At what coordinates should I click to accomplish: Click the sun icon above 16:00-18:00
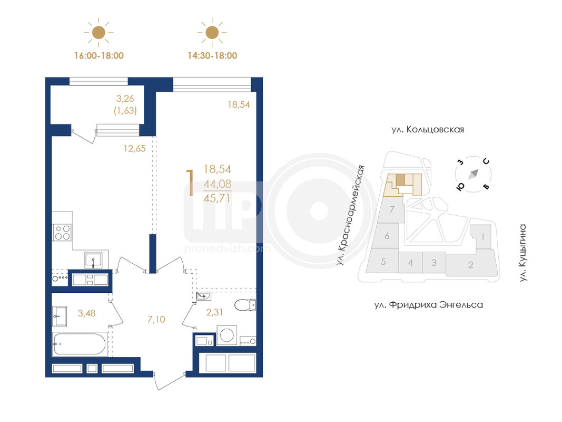point(98,32)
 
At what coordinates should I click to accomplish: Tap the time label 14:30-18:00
point(212,55)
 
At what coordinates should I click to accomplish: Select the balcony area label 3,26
point(125,98)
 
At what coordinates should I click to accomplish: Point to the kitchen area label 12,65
point(134,148)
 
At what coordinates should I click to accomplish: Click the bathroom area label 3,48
point(87,313)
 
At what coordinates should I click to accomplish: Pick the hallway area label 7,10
point(156,319)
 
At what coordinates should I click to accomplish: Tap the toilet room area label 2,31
point(214,312)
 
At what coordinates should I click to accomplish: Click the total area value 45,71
point(217,198)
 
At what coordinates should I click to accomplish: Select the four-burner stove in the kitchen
point(62,232)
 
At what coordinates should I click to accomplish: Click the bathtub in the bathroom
point(80,344)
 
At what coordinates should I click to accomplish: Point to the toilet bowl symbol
point(245,305)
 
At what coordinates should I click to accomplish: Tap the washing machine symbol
point(226,335)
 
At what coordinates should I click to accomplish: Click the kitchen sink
point(93,260)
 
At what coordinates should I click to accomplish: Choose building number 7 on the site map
point(392,209)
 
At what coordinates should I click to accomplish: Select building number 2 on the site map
point(470,265)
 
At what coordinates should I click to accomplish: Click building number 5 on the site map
point(383,262)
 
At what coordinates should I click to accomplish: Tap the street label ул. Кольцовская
point(428,130)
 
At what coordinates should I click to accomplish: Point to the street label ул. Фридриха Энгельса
point(428,305)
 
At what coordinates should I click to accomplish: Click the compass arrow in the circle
point(474,174)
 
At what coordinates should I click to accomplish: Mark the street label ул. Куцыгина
point(523,253)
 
